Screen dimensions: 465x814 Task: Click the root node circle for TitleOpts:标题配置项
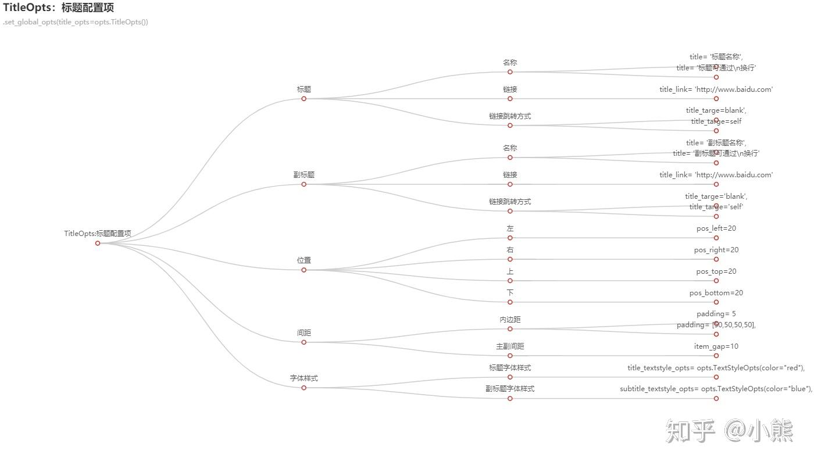[98, 243]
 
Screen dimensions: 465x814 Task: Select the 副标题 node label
[304, 175]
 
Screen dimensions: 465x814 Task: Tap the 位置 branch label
[304, 260]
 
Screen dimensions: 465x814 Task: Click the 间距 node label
[304, 333]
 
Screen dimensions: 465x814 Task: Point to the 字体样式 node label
[304, 378]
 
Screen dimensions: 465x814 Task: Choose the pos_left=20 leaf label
[716, 228]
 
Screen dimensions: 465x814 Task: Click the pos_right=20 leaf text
[716, 250]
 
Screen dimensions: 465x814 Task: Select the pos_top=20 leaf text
[716, 271]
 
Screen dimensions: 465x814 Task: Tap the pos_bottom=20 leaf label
[716, 293]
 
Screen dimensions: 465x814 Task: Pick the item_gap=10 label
[716, 346]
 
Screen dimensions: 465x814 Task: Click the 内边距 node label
[510, 320]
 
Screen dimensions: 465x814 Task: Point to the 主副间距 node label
[510, 346]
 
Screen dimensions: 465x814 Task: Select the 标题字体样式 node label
[510, 368]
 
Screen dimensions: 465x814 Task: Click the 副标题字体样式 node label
[510, 389]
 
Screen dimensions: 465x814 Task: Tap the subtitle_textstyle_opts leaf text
[716, 389]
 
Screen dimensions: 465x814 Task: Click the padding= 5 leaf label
[716, 314]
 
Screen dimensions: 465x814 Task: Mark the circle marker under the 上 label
[510, 281]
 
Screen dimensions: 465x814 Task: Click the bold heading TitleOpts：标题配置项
[59, 8]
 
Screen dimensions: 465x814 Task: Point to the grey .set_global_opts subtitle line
[76, 22]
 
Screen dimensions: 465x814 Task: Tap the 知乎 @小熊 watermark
[729, 431]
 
